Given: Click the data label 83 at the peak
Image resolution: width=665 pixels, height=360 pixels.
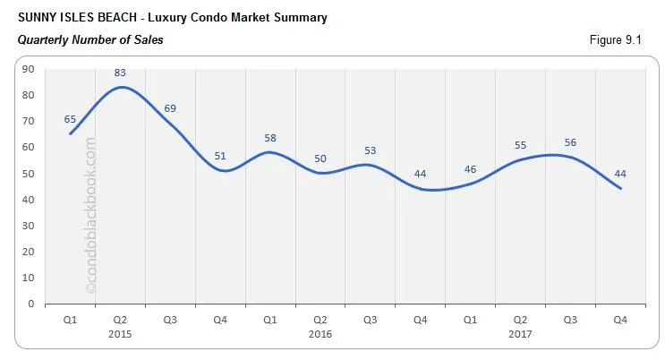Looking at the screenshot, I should [121, 73].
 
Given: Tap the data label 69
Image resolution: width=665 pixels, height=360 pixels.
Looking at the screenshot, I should [170, 108].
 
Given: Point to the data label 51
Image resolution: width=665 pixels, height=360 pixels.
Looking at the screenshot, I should [219, 156].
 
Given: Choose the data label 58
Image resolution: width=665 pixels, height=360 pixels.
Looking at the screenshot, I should [270, 138].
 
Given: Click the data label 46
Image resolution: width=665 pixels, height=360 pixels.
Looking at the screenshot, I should [470, 168].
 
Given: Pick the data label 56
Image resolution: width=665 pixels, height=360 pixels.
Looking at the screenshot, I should [569, 142].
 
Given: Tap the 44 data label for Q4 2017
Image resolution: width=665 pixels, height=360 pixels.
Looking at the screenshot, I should [619, 174].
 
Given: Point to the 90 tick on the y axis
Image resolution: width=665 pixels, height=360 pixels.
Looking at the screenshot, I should [29, 69].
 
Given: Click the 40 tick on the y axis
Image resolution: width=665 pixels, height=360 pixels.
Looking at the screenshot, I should [29, 200].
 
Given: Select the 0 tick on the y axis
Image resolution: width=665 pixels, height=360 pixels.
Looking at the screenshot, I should [31, 304].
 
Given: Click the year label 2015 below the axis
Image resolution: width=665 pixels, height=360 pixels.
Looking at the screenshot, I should [121, 332].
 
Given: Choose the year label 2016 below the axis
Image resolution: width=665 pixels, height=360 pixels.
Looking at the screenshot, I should [320, 332].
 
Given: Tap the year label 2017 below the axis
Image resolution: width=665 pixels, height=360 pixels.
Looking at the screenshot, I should [519, 332].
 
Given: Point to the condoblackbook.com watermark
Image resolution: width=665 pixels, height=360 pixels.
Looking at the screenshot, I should [90, 215].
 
